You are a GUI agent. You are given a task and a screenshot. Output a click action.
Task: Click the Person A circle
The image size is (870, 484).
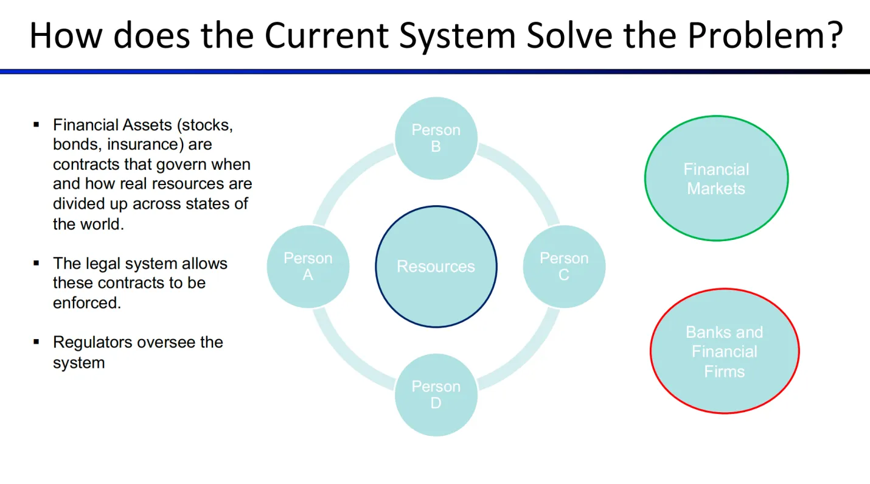(x=308, y=267)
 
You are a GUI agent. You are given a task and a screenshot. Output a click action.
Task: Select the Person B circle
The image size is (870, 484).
(x=436, y=138)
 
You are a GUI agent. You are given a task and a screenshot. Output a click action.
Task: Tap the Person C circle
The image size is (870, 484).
(x=564, y=267)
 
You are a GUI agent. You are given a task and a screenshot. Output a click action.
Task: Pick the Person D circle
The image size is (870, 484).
(x=436, y=395)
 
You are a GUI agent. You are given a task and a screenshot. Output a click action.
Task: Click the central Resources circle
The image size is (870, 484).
(x=436, y=267)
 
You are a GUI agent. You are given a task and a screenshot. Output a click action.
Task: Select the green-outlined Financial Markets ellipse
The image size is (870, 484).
(x=716, y=178)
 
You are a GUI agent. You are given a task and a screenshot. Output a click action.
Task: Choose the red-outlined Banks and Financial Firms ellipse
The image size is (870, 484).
(x=724, y=351)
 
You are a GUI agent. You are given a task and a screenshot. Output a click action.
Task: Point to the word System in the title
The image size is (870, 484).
(x=459, y=36)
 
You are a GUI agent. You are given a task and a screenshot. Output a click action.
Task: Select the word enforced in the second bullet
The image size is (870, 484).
(x=87, y=303)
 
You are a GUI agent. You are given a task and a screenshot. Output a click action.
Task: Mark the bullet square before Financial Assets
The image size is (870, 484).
(x=37, y=125)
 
